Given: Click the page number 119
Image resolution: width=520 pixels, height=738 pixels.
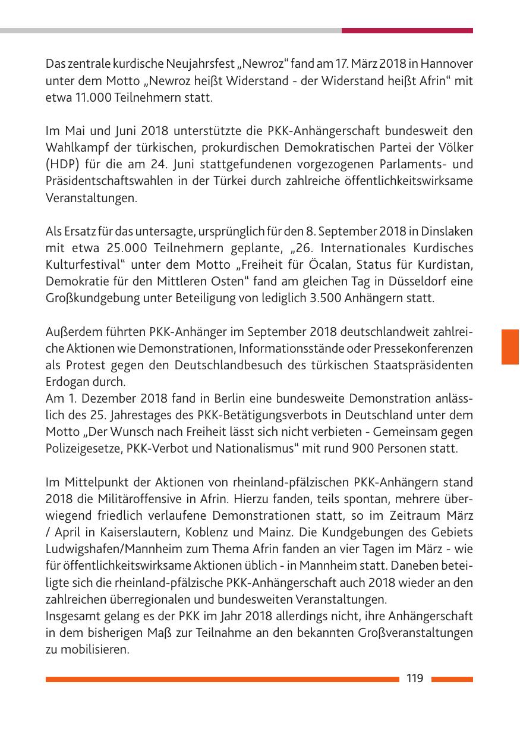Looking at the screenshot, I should tap(414, 679).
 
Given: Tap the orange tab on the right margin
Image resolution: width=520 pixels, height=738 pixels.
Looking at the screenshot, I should tap(510, 347).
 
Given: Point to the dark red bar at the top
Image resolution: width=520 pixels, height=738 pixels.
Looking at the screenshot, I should tap(407, 30).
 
